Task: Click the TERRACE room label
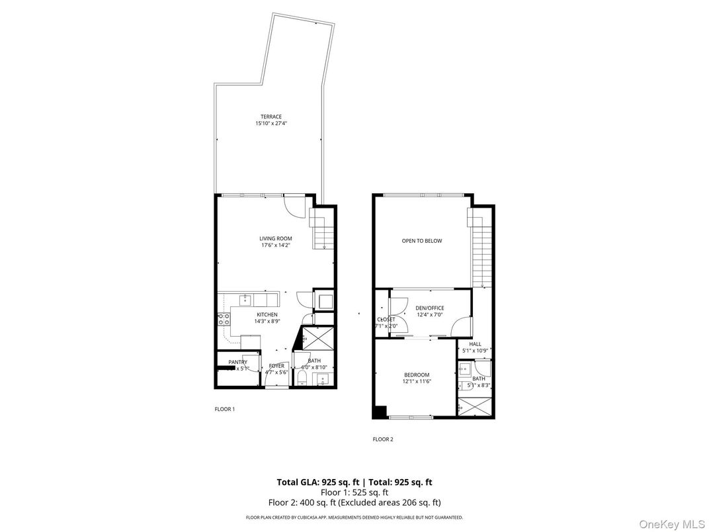click(x=271, y=117)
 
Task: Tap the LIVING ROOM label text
click(x=275, y=239)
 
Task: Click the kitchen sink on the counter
click(x=244, y=298)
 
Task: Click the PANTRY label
click(x=237, y=362)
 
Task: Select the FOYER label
click(x=276, y=366)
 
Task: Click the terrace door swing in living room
click(x=294, y=206)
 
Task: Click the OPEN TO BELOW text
click(x=422, y=241)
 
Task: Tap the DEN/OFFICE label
click(x=430, y=308)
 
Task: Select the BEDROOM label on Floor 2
click(x=417, y=375)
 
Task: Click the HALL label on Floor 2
click(x=476, y=344)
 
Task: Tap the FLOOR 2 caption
click(x=383, y=439)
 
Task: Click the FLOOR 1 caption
click(x=225, y=410)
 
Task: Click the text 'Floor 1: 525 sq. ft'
click(x=354, y=492)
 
